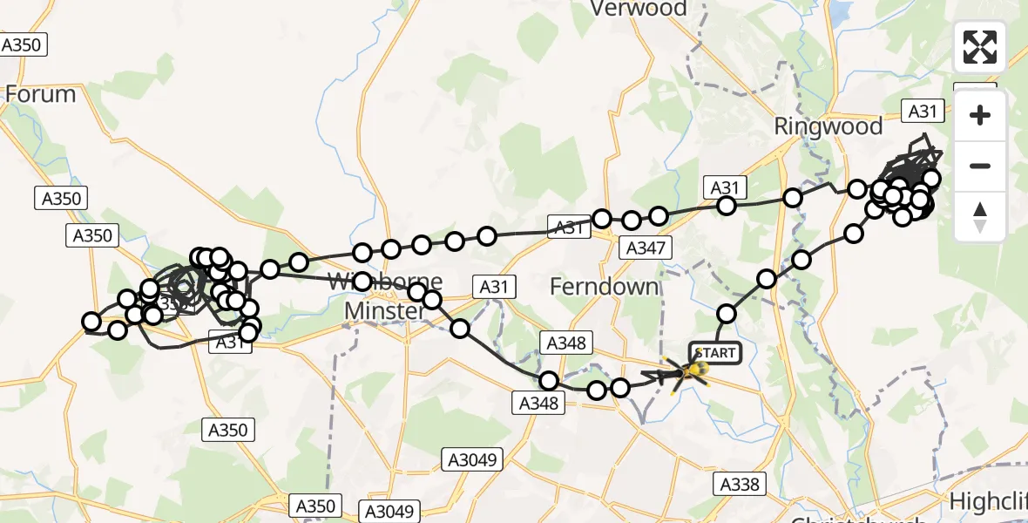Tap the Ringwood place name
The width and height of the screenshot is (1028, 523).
[828, 126]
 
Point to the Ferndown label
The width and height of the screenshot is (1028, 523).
[605, 286]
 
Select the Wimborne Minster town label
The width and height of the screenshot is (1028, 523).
[384, 295]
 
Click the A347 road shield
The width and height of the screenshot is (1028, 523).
[646, 248]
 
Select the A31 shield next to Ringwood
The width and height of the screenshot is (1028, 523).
[923, 111]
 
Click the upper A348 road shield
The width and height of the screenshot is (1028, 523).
[565, 343]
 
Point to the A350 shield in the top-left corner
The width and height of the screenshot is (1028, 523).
[23, 44]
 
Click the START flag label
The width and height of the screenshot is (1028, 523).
[716, 353]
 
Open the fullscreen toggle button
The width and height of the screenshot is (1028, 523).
[980, 47]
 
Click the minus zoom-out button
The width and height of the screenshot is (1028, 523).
[980, 166]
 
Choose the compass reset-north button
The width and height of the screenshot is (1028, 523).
[980, 217]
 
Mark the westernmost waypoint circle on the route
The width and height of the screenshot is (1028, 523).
[91, 322]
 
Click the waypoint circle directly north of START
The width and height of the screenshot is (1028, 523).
[726, 314]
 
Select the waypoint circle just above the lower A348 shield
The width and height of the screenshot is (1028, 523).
[549, 381]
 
